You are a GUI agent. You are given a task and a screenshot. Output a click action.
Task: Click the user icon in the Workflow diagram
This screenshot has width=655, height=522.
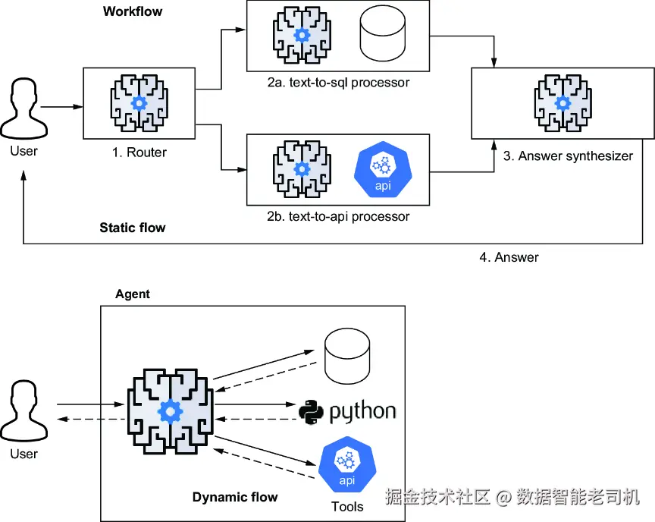tap(24, 109)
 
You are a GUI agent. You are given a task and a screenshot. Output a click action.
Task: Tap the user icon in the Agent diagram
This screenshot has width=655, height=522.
tap(24, 414)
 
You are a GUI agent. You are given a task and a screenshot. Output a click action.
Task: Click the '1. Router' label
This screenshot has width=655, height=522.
tap(139, 153)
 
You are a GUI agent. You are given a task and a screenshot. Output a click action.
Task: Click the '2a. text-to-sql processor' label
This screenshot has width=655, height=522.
tap(338, 82)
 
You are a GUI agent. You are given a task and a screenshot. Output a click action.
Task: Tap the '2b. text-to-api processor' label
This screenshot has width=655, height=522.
tap(338, 216)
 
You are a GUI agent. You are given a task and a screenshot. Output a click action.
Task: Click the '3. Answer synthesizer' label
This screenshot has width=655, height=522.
tap(568, 156)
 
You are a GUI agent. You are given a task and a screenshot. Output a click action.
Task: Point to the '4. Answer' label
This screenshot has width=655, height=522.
tap(509, 257)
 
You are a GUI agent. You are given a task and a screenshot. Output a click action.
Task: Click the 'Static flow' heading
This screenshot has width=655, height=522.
tap(133, 228)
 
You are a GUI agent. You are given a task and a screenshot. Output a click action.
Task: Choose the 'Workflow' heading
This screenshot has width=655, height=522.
tap(133, 11)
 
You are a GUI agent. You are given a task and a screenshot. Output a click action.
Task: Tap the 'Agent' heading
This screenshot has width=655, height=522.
tap(133, 294)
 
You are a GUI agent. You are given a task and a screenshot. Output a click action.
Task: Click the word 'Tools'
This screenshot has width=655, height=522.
tap(347, 506)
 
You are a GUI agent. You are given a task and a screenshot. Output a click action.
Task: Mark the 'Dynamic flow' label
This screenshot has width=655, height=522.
tap(235, 497)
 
